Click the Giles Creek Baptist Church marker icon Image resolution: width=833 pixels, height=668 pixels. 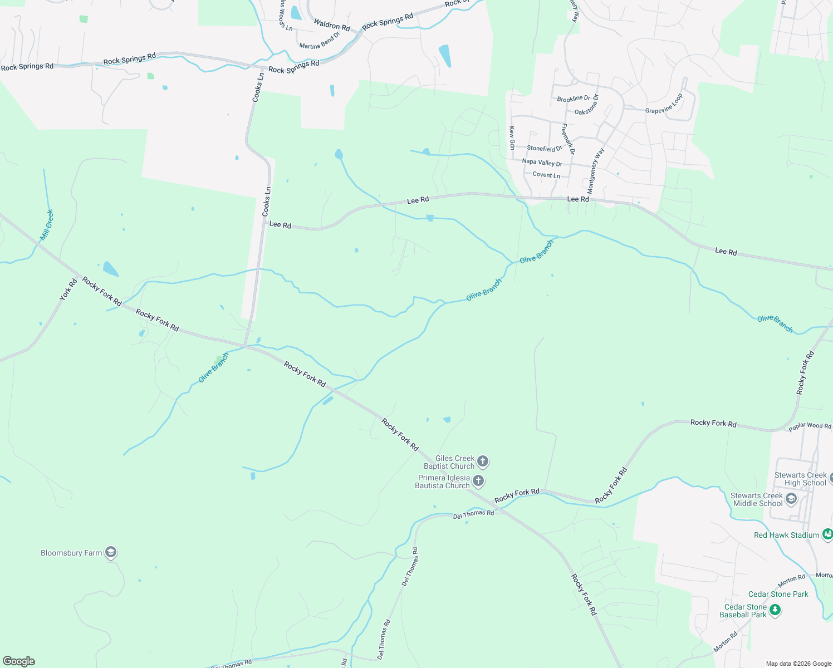coord(483,461)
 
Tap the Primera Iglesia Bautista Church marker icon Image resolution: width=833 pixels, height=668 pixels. coord(478,481)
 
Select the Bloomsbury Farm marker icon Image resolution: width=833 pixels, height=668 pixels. coord(111,552)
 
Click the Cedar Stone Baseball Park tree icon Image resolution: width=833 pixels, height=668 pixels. coord(775,611)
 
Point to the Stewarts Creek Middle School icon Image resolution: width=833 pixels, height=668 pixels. coord(791,499)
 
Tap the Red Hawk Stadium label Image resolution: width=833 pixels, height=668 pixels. coord(786,535)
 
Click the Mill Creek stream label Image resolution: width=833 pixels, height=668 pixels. coord(47,225)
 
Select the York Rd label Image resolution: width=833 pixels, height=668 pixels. coord(68,290)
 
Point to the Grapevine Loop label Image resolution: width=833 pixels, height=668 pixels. coord(664,105)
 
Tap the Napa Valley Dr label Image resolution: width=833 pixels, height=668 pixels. coord(542,163)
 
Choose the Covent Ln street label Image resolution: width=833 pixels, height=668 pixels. coord(546,175)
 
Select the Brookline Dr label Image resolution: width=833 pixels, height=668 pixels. coord(574,99)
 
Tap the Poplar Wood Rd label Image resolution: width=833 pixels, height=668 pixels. coord(810,426)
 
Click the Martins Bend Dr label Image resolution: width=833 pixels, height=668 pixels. coord(320,41)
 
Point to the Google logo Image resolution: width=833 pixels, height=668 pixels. coord(18,661)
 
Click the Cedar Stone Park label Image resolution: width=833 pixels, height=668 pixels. coord(778,594)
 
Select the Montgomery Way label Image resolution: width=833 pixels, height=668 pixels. coord(595,170)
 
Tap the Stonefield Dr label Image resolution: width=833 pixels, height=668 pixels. coord(545,148)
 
